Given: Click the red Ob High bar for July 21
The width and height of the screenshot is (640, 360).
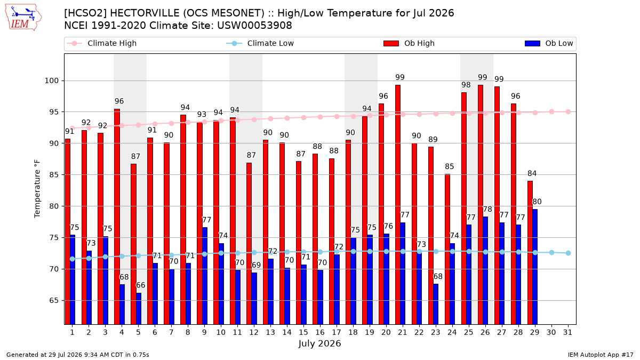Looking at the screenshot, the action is (398, 205).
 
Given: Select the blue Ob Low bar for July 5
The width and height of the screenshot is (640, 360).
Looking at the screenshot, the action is (139, 309).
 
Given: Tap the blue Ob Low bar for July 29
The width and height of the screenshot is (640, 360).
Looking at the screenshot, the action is (535, 267).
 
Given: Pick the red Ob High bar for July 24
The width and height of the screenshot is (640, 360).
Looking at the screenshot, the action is (447, 249).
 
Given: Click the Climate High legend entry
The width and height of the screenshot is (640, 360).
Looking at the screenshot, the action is (101, 43).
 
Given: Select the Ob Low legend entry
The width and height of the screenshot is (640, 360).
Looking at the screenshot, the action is (549, 43).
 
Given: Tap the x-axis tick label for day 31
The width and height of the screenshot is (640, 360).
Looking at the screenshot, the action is (567, 332).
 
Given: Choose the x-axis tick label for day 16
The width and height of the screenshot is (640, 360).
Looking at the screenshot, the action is (320, 332).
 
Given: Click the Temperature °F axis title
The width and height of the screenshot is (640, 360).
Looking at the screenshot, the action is (37, 189).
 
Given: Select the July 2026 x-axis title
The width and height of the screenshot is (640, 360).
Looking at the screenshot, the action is (319, 343).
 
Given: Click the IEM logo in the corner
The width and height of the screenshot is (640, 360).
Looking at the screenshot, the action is (23, 18).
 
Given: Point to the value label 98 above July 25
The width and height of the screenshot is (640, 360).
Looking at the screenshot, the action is (466, 85).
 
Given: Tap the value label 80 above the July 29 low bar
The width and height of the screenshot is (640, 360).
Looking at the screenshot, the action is (537, 202).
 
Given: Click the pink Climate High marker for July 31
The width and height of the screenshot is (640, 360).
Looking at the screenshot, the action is (569, 111).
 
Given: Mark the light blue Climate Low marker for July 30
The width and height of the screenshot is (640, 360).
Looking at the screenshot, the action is (551, 253).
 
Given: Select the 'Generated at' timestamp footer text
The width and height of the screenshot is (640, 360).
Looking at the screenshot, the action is (78, 355).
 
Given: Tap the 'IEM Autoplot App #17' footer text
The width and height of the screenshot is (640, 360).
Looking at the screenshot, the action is (601, 355).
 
